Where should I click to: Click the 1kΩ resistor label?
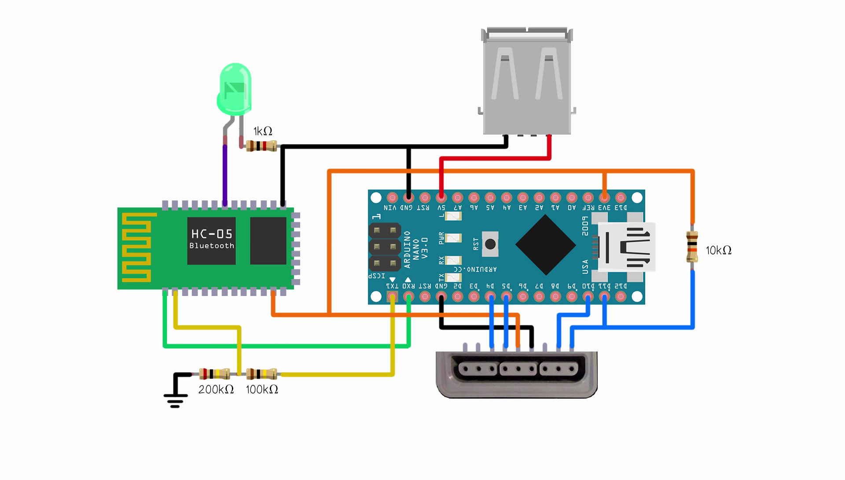[263, 131]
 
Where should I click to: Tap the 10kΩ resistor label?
[718, 251]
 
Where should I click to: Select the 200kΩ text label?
[216, 390]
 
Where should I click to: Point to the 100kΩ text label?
[262, 390]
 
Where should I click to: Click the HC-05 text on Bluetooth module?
[212, 234]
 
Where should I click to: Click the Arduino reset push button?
[490, 244]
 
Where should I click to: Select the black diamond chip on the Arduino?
[546, 245]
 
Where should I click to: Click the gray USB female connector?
[527, 81]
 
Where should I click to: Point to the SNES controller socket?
[517, 374]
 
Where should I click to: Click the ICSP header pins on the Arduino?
[384, 247]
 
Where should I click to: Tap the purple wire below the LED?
[225, 174]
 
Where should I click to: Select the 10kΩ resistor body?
[692, 247]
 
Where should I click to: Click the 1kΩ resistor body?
[261, 146]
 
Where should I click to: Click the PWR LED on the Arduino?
[453, 238]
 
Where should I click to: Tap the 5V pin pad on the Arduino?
[441, 197]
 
